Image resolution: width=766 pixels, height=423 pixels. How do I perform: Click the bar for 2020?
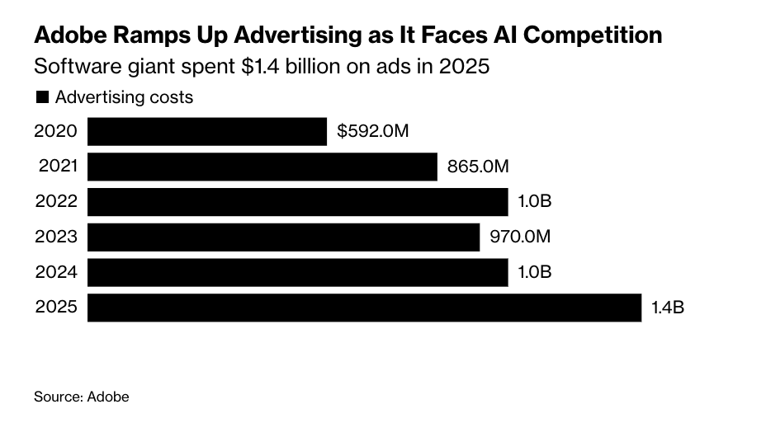pos(206,131)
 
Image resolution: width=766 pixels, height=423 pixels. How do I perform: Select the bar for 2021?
pos(262,167)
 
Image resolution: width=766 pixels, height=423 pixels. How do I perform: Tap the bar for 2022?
pos(297,202)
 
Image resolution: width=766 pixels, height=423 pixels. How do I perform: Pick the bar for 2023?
pos(283,237)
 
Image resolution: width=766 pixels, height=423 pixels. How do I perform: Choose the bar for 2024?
pos(297,273)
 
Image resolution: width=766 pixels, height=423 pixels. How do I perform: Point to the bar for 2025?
pos(364,308)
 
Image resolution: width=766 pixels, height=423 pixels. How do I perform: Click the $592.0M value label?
pos(373,131)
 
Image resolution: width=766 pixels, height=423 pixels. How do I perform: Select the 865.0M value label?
pos(478,167)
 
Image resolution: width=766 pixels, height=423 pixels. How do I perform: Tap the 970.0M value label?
pos(519,237)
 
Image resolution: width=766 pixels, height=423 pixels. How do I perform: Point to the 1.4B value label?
pos(668,308)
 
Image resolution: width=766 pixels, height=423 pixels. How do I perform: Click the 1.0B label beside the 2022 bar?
pos(534,202)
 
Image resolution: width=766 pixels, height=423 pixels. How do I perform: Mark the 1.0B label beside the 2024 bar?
pos(534,273)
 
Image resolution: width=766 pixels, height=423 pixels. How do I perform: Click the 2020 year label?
pos(56,131)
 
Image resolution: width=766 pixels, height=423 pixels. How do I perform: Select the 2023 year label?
pos(56,237)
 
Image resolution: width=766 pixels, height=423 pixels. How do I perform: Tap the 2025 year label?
pos(56,308)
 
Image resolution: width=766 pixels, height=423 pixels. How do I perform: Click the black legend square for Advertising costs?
pos(42,97)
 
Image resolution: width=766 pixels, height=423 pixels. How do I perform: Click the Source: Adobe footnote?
pos(81,397)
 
